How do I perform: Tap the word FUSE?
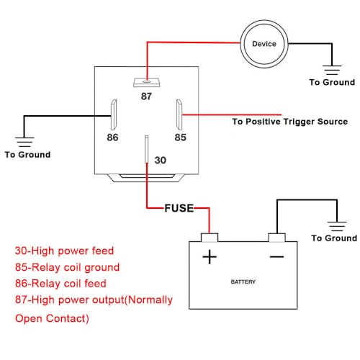[x=179, y=208]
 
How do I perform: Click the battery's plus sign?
[x=210, y=257]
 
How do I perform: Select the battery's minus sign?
[x=276, y=257]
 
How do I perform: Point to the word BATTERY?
[x=243, y=282]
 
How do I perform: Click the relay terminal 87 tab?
[x=147, y=82]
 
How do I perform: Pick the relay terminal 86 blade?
[x=114, y=114]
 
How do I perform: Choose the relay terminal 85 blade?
[x=179, y=114]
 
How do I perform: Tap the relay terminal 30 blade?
[x=146, y=149]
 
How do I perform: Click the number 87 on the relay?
[x=146, y=96]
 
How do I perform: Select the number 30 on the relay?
[x=161, y=160]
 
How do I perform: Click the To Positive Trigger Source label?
[x=289, y=122]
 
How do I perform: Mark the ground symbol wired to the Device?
[x=332, y=70]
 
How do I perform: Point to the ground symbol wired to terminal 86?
[x=24, y=142]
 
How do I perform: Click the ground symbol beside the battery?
[x=337, y=226]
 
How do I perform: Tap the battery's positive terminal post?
[x=210, y=238]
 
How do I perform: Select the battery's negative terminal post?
[x=276, y=238]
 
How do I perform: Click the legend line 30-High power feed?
[x=64, y=251]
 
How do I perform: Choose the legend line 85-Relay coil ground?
[x=67, y=267]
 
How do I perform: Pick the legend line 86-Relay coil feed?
[x=60, y=284]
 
